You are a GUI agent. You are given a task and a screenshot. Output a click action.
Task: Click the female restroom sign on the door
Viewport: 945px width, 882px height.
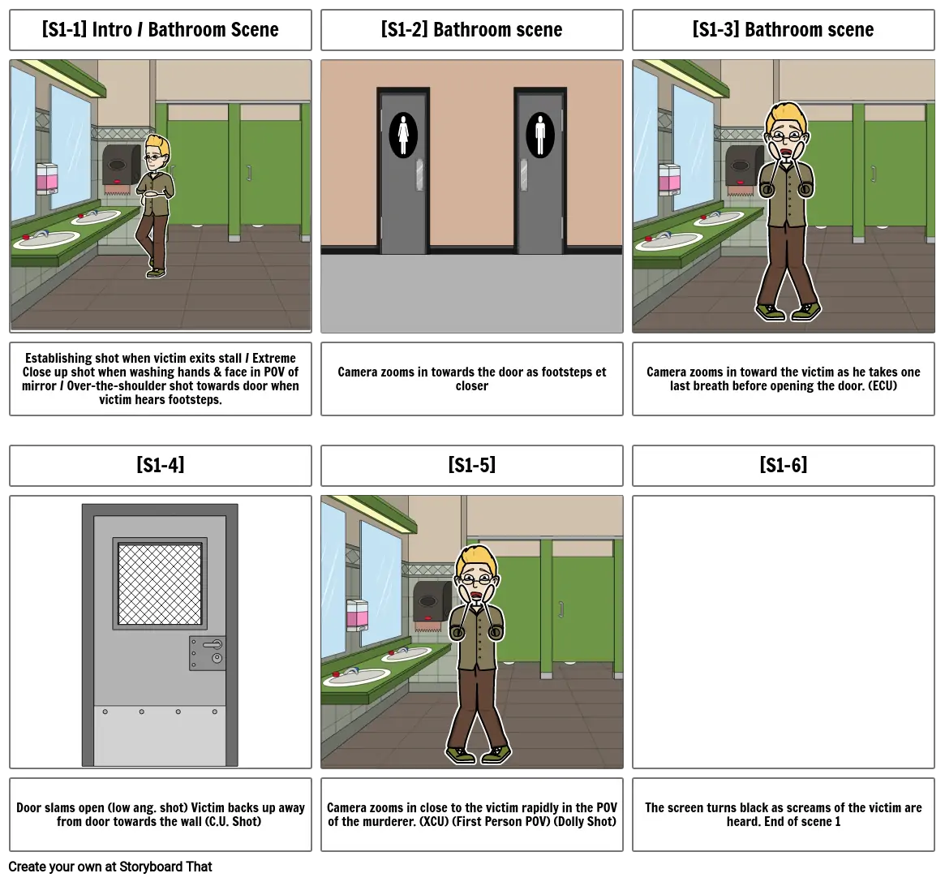point(402,136)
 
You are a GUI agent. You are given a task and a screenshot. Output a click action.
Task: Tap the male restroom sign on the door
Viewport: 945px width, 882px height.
point(539,136)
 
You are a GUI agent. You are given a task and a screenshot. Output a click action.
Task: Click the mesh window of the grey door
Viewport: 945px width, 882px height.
point(160,583)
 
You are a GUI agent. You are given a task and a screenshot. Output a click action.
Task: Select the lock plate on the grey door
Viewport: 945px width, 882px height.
point(208,653)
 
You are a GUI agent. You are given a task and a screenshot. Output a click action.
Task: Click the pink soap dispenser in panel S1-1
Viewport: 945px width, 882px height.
point(47,179)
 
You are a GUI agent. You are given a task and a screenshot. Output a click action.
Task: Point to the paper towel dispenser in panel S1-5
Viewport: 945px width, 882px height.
point(432,603)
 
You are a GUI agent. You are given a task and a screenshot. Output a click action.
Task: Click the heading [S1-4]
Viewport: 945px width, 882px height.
point(161,465)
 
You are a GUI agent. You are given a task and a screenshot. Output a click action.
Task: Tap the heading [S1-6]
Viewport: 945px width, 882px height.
point(783,465)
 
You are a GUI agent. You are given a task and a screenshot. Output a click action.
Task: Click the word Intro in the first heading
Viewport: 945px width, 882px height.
point(112,29)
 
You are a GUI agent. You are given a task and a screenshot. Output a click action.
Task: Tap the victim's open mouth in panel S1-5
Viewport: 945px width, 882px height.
point(476,596)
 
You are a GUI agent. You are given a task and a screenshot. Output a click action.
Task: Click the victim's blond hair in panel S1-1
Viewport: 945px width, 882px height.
point(158,147)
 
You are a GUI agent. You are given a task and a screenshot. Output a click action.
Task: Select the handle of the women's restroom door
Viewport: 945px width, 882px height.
point(419,174)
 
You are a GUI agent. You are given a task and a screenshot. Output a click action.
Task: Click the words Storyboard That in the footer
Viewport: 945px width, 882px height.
point(165,867)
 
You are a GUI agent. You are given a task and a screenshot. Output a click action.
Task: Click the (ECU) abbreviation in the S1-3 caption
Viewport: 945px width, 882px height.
point(883,386)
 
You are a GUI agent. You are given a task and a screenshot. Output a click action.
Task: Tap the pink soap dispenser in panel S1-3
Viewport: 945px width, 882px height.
point(669,179)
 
